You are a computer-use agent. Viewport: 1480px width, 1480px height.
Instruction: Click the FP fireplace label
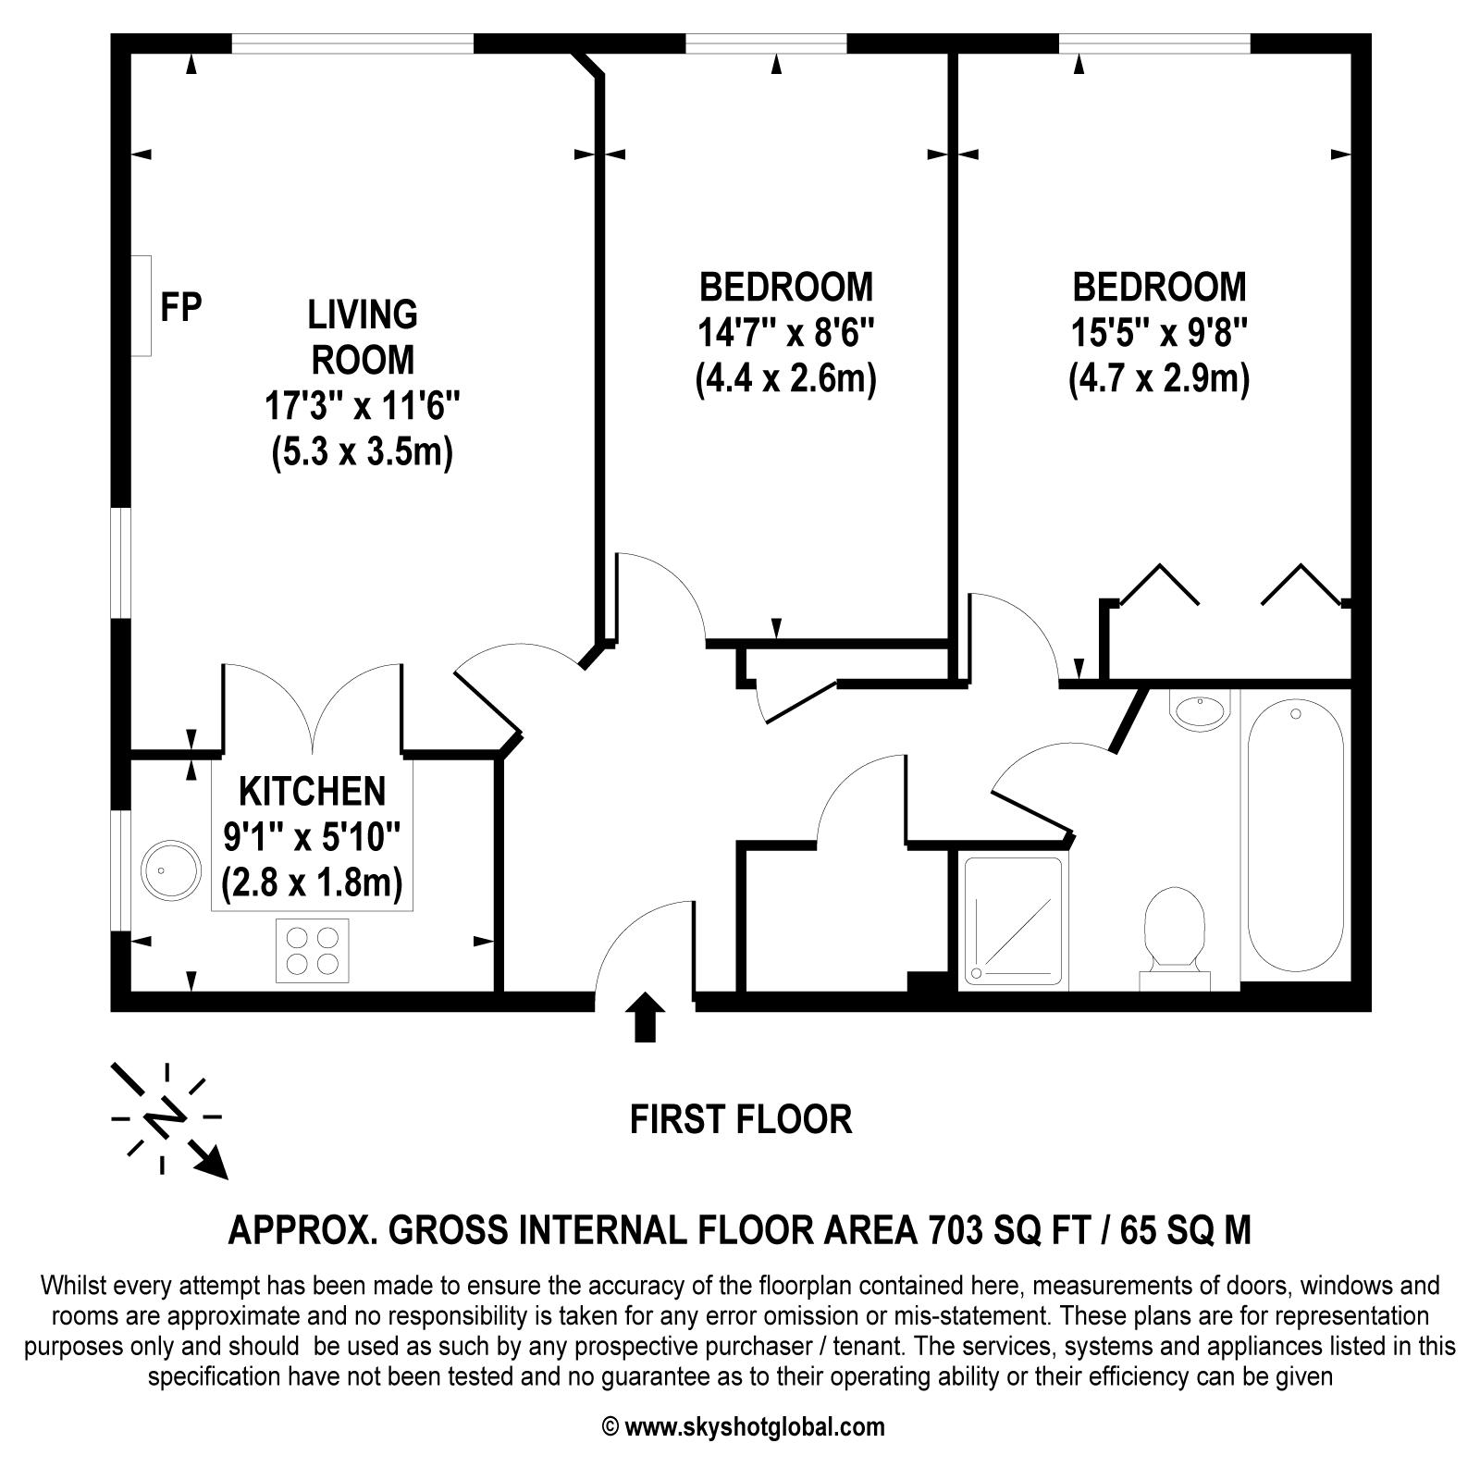180,306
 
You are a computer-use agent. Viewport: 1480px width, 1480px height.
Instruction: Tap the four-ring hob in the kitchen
313,950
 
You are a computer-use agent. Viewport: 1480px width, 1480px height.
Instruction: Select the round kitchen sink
171,869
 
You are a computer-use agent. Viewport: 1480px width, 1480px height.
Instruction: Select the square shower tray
1012,920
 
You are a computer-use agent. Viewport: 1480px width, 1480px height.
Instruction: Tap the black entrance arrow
645,1017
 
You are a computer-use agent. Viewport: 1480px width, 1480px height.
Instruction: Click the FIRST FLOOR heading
740,1119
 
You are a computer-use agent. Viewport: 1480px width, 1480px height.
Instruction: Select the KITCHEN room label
312,792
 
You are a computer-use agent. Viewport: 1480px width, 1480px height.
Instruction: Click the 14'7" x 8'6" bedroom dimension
785,333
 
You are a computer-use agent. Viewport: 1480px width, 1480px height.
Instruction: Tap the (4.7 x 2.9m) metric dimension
1159,379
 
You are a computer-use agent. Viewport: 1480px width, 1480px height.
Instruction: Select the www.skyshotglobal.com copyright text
744,1426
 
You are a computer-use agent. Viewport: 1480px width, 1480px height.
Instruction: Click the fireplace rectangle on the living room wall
141,306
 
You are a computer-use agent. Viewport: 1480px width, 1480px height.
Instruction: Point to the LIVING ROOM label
363,337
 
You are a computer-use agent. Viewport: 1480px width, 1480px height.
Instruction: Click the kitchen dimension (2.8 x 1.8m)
312,884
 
